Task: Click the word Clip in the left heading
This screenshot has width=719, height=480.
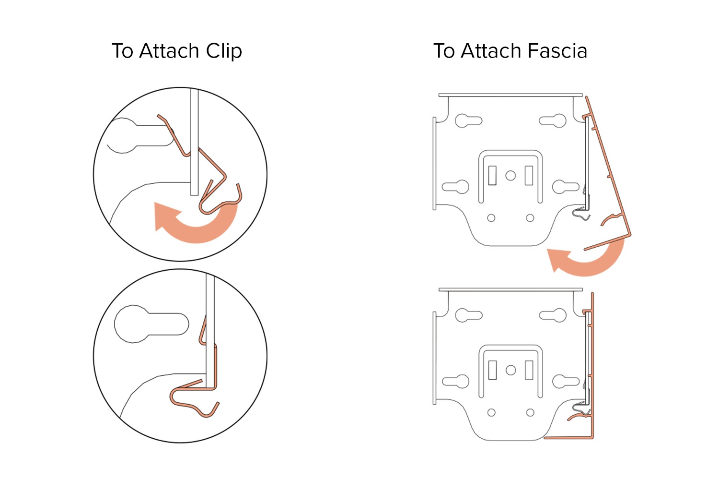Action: pyautogui.click(x=224, y=51)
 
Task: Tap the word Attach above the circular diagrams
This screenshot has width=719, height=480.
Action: pyautogui.click(x=169, y=51)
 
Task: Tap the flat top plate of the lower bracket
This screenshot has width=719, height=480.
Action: pyautogui.click(x=510, y=289)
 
